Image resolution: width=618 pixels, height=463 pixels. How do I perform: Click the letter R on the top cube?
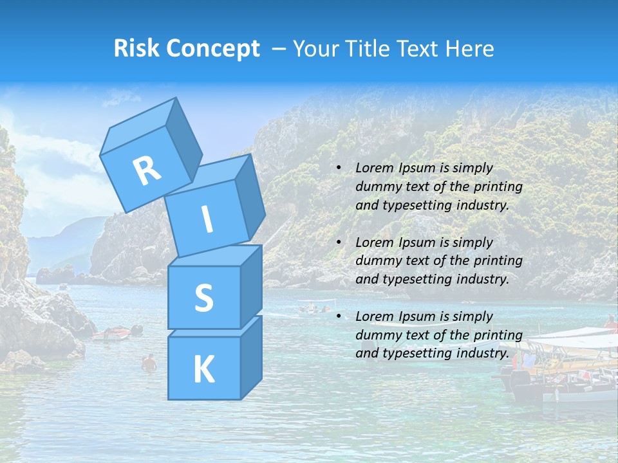(147, 170)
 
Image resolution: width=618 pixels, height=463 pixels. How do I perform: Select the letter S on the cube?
(203, 297)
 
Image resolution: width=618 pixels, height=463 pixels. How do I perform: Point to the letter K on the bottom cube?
(203, 369)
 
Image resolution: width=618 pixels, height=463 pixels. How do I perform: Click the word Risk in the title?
(138, 48)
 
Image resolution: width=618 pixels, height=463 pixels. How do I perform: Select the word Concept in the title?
(213, 48)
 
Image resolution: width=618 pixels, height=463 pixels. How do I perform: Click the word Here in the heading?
(471, 48)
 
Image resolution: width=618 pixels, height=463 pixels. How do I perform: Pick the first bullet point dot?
(339, 168)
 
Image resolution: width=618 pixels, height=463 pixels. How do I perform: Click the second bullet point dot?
(339, 243)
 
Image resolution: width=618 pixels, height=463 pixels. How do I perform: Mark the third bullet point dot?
(339, 317)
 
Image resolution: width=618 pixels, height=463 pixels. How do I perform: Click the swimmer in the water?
(149, 363)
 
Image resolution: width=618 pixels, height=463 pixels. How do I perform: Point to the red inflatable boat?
(112, 333)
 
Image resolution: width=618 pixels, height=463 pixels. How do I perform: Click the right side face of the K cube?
(251, 358)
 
